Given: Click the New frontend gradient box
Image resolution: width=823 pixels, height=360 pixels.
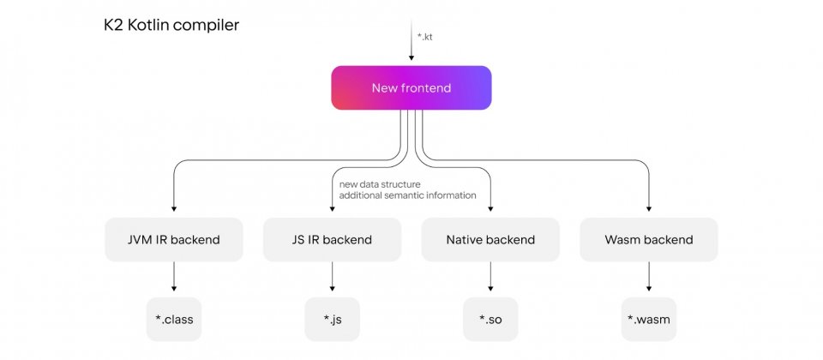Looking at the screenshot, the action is pos(411,87).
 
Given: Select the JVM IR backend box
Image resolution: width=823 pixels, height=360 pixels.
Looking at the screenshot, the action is pos(174,240).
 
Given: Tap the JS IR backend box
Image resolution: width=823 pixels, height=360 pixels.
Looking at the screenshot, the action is pos(333,240).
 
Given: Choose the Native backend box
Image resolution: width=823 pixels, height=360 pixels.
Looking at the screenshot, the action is pos(490,240).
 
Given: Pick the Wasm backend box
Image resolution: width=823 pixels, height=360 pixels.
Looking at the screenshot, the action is pos(649,240).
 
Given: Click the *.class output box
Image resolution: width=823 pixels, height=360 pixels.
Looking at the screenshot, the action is pos(174,319).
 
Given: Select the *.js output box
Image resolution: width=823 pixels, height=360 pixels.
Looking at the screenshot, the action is pos(333,319).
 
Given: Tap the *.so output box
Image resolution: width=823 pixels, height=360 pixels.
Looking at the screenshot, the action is pos(490,319).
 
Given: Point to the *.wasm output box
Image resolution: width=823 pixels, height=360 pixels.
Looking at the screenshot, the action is pos(649,319).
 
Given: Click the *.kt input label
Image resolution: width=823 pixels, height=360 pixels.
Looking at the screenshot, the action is pos(424,37).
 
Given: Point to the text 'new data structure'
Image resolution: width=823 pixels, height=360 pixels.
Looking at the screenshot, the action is pos(380,185).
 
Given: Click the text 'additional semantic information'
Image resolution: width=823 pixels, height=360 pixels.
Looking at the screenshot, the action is pos(408,195).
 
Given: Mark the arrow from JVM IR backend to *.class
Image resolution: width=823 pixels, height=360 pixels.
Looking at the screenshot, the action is pos(174,277).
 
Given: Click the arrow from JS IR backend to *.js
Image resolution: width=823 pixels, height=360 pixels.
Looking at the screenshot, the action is pos(333,277).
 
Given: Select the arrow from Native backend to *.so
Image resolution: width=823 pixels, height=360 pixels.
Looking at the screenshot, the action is pos(490,277).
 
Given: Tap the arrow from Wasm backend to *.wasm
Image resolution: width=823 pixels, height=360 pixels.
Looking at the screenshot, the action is pos(649,277).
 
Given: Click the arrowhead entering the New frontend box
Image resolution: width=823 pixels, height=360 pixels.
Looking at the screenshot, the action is pos(411,57).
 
